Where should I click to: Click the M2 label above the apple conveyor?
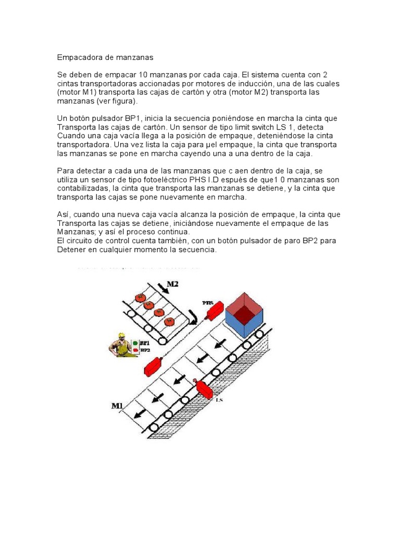pyautogui.click(x=173, y=284)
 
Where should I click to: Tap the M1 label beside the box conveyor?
pyautogui.click(x=118, y=406)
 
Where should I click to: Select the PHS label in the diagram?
pyautogui.click(x=208, y=302)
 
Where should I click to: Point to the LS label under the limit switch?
pyautogui.click(x=219, y=400)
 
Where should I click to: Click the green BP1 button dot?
pyautogui.click(x=135, y=344)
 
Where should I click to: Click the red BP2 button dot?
pyautogui.click(x=135, y=351)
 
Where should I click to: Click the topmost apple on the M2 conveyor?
pyautogui.click(x=140, y=297)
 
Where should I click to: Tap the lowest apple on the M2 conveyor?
pyautogui.click(x=169, y=321)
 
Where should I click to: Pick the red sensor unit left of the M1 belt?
pyautogui.click(x=153, y=365)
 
